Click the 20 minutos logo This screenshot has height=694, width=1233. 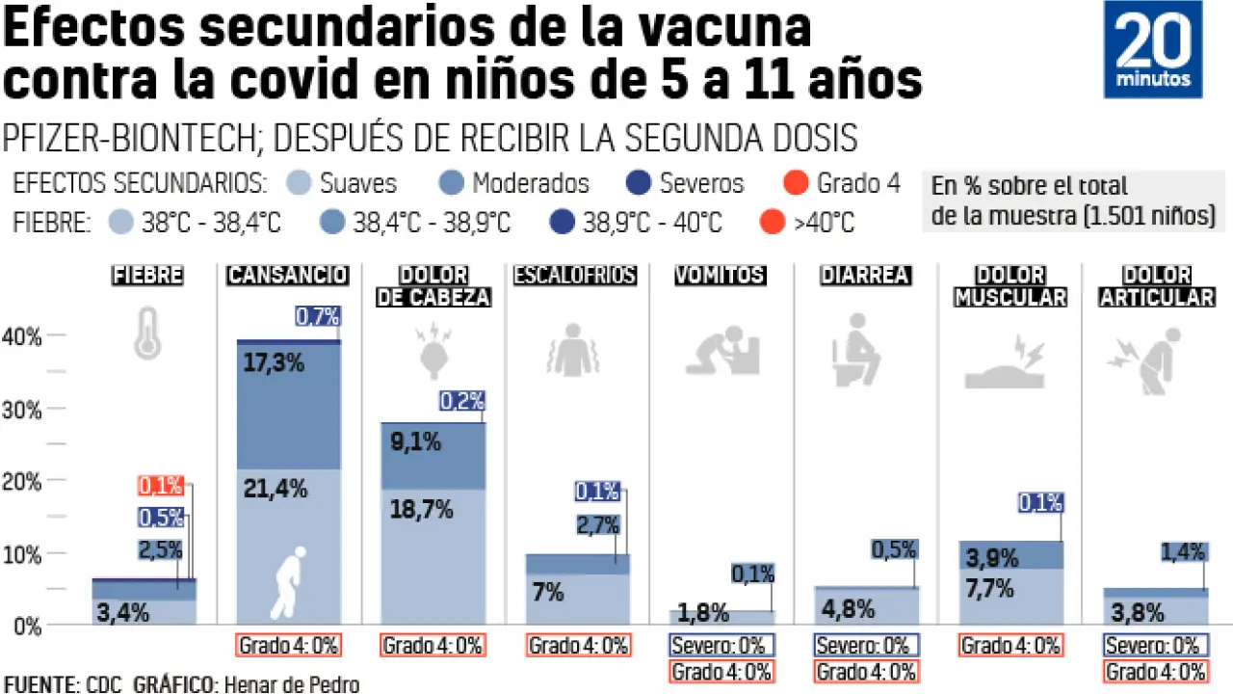(1153, 49)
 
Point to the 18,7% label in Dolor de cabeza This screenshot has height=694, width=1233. (421, 510)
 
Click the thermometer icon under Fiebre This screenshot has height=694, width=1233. (147, 333)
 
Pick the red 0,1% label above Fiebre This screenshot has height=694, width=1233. (161, 487)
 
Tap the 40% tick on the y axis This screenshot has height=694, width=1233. (21, 336)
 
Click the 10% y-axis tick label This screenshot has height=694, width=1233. (21, 554)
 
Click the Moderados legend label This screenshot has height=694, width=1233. (530, 183)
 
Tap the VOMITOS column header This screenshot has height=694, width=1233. (720, 276)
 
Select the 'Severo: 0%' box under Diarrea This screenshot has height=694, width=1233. (864, 645)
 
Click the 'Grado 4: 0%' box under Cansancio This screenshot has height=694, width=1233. (287, 645)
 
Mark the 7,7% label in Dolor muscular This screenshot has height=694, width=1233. (991, 587)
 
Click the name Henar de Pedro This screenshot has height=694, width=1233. (291, 684)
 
